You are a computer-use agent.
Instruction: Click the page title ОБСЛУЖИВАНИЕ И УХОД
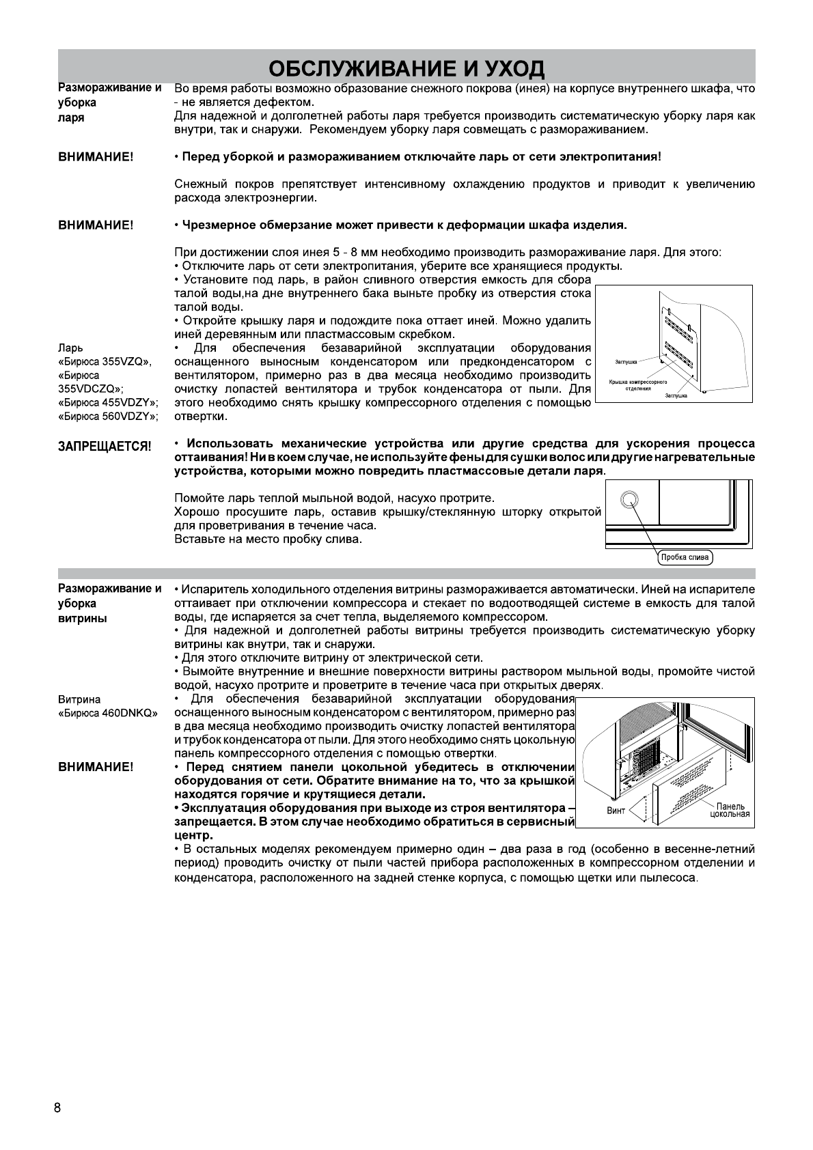coord(406,68)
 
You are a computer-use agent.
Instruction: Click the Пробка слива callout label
coord(685,557)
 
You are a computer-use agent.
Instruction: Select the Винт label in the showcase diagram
coord(616,811)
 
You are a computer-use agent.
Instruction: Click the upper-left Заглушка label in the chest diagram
coord(626,363)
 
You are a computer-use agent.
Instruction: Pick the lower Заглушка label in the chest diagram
coord(676,395)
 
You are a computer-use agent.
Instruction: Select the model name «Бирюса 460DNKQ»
coord(107,713)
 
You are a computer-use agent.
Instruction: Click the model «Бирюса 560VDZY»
coord(107,416)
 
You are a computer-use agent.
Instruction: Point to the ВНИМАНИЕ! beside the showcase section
coord(96,768)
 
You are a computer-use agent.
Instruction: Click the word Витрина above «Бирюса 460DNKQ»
coord(79,699)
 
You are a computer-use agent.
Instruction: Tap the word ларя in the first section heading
coord(71,117)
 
